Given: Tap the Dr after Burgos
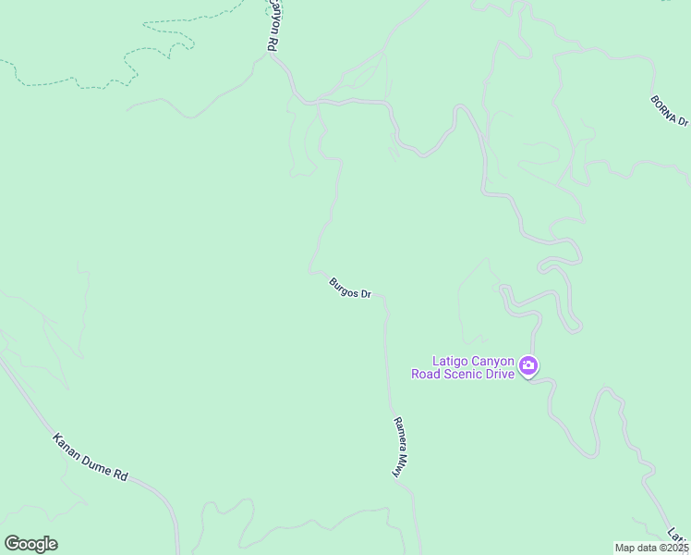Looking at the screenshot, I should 366,295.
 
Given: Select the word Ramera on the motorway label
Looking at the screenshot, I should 400,433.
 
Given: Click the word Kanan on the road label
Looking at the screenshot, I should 68,444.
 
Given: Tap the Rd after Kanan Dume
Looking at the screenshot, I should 121,473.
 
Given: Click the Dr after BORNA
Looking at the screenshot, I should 683,120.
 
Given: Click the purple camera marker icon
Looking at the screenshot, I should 528,366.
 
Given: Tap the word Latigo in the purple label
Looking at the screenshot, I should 452,362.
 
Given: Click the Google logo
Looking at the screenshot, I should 30,544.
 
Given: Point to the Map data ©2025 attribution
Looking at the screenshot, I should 652,548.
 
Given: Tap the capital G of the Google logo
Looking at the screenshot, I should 12,544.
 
